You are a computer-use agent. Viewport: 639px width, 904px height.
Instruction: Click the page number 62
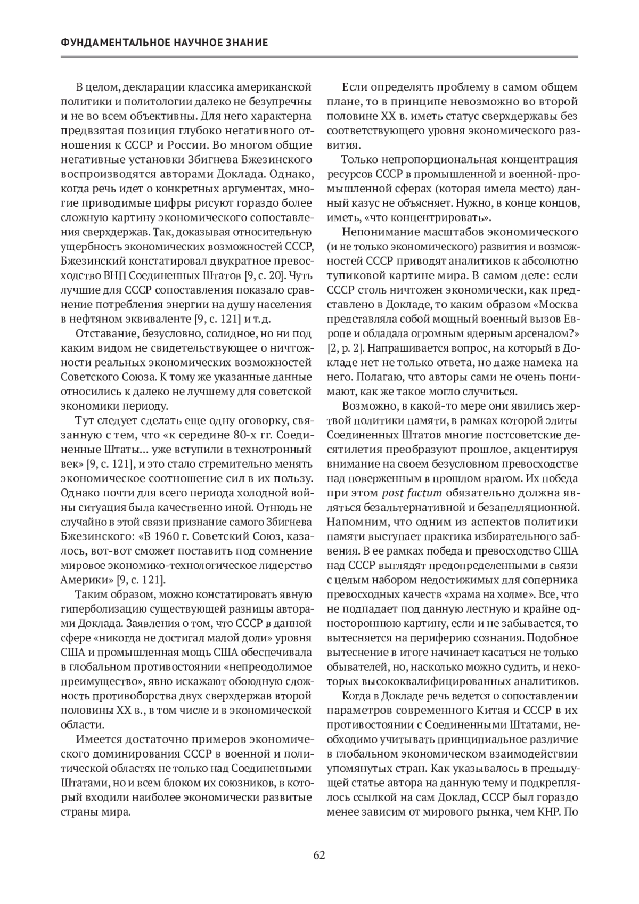tap(319, 855)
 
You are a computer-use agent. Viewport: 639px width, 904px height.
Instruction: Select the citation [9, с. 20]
tap(264, 276)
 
